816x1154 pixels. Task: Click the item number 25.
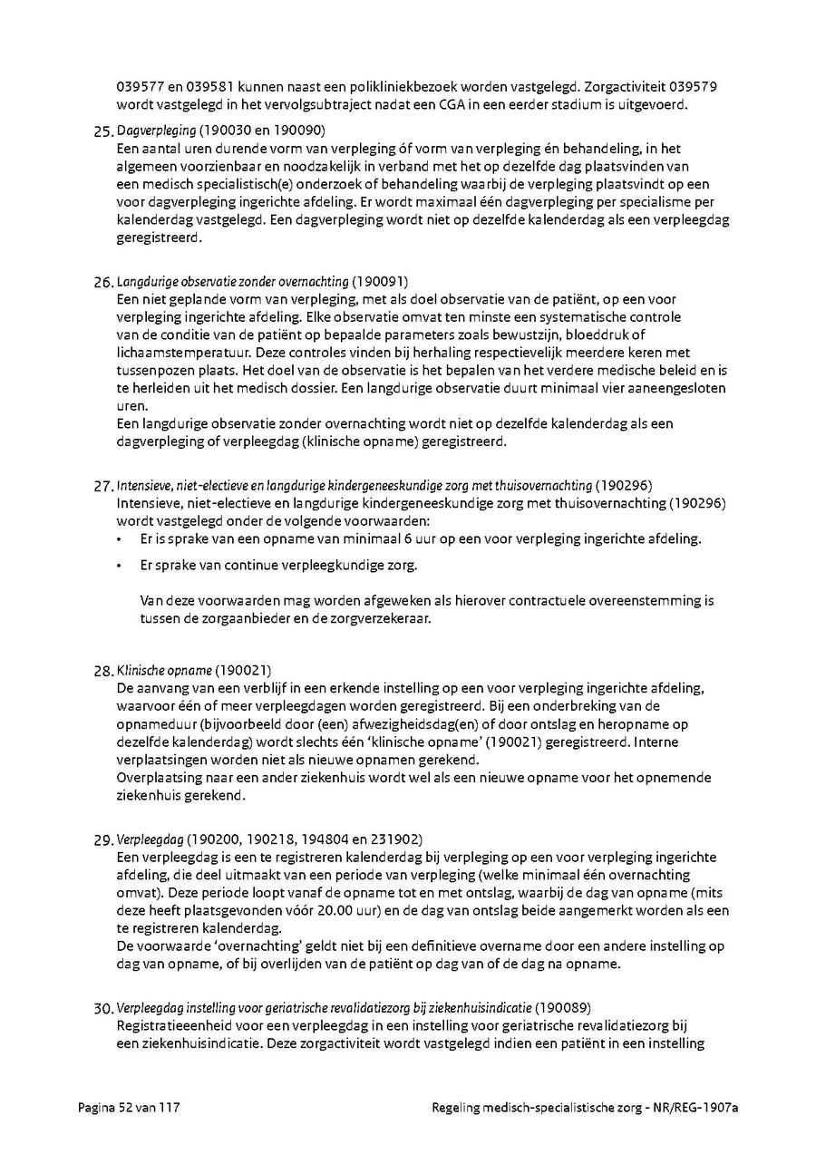(x=103, y=131)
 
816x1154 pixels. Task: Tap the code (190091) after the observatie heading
(x=380, y=282)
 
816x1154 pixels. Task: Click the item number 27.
(x=103, y=486)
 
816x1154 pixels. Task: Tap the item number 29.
(x=103, y=840)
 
